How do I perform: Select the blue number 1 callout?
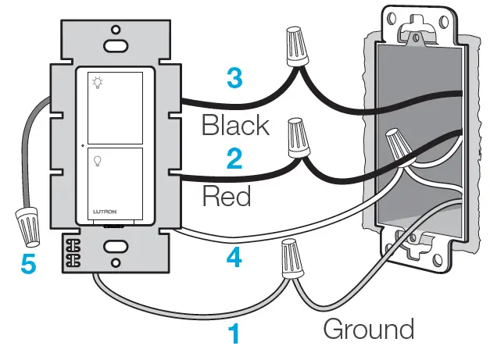(x=234, y=336)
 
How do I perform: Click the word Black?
(x=235, y=124)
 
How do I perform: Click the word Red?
(x=227, y=196)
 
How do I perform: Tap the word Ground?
(x=368, y=329)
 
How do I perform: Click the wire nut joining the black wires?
(x=296, y=47)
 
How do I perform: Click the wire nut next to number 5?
(x=27, y=225)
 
